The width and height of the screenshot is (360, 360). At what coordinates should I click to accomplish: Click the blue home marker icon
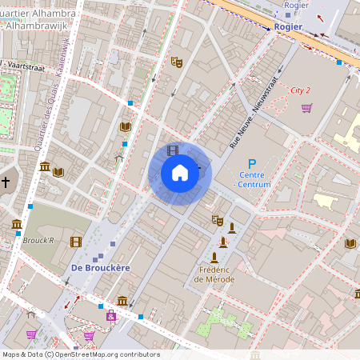tap(180, 172)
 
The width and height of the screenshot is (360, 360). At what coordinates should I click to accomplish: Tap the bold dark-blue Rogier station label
tap(288, 26)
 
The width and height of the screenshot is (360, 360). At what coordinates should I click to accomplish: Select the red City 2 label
tap(300, 90)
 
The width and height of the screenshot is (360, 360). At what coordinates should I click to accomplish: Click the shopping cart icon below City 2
tap(306, 108)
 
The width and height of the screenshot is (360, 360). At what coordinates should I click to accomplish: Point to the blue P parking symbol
tap(251, 164)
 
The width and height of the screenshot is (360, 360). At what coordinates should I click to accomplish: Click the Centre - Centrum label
tap(254, 180)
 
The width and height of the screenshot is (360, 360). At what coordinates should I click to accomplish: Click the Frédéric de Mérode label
tap(214, 274)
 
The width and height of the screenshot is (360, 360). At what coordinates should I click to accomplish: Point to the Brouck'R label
tap(38, 240)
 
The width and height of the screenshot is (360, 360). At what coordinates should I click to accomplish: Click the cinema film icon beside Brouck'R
tap(75, 242)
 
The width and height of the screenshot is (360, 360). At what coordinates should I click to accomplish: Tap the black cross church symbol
tap(6, 182)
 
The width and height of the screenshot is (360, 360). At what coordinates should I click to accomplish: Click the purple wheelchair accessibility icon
tap(110, 316)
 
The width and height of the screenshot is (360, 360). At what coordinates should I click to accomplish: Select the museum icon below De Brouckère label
tap(122, 300)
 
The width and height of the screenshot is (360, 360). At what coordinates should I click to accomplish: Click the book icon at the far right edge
tap(350, 243)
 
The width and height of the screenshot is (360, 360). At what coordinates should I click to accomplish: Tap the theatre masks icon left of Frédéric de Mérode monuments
tap(217, 220)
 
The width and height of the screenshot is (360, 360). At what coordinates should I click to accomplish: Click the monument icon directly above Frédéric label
tap(214, 257)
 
